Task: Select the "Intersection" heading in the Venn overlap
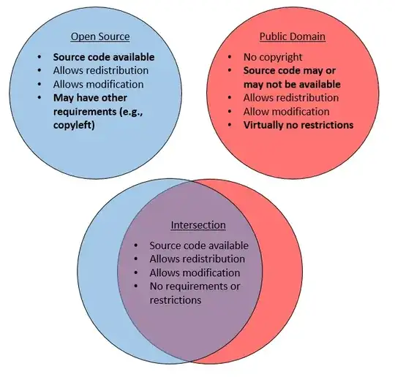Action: [x=198, y=226]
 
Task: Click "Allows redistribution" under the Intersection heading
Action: [x=197, y=259]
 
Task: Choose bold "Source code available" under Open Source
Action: [x=103, y=56]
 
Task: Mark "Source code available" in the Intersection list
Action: [x=199, y=245]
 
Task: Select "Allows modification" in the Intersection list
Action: [x=195, y=273]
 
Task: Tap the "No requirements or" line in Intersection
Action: [x=195, y=286]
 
